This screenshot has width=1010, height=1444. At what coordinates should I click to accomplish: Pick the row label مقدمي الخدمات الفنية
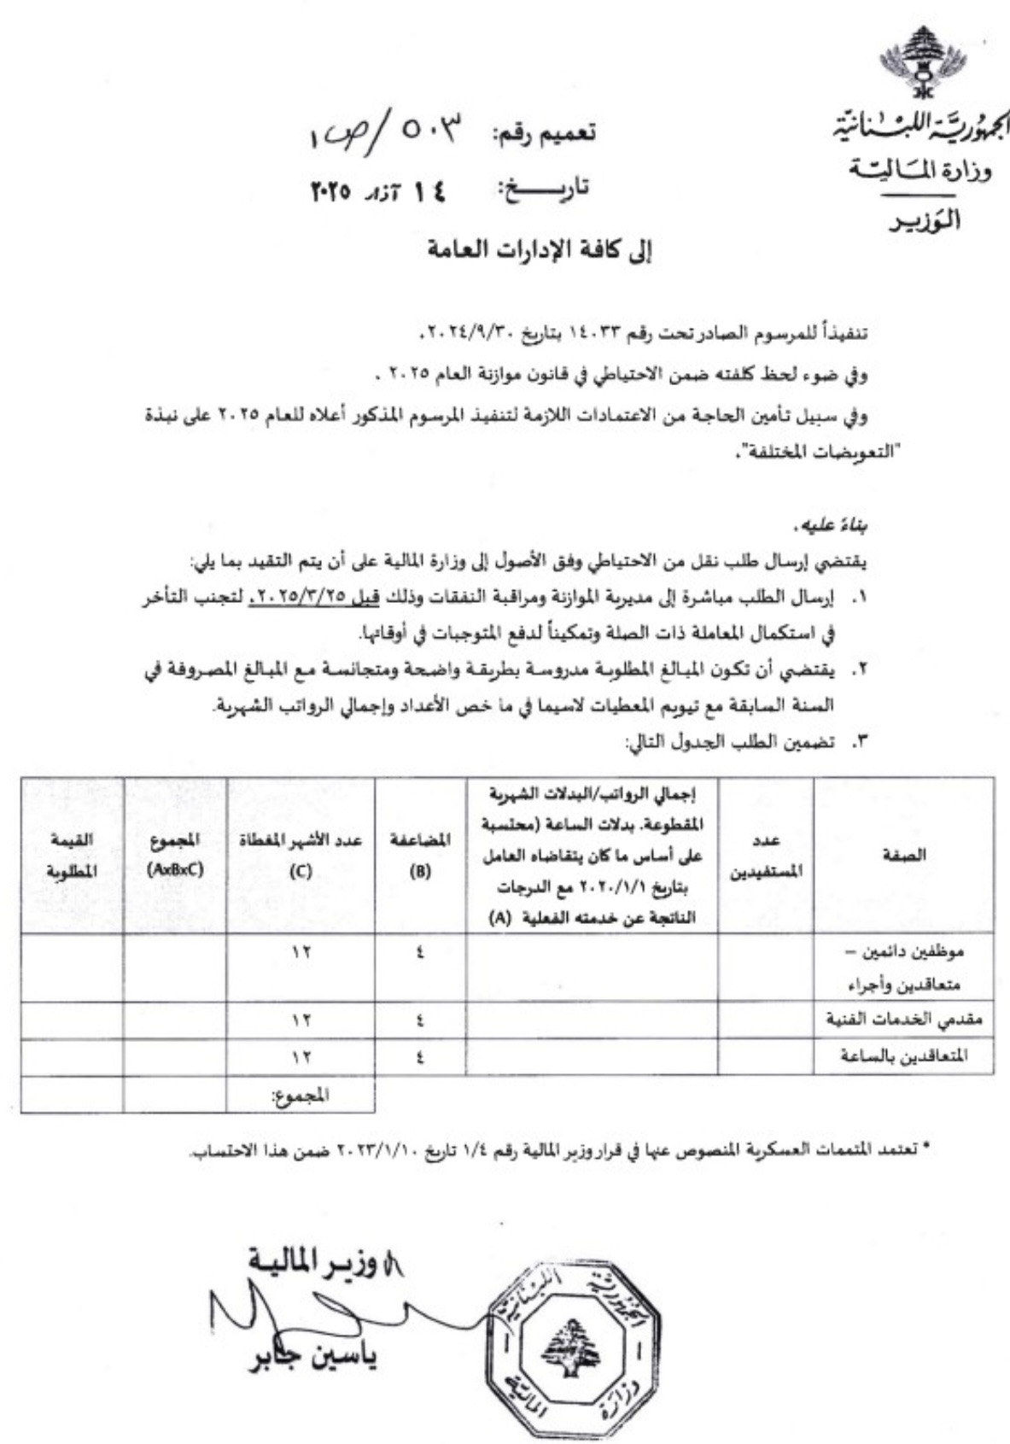904,1020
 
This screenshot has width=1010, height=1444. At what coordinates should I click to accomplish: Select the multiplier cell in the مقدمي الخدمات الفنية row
420,1020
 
